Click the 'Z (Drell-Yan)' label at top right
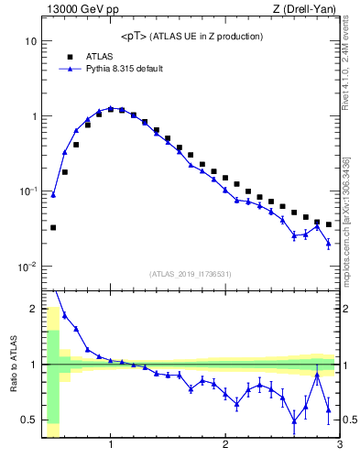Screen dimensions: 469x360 click(309, 9)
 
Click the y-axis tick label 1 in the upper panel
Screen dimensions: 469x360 click(34, 117)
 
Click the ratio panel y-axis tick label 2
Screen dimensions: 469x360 click(34, 309)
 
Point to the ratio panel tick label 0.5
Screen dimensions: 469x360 click(29, 420)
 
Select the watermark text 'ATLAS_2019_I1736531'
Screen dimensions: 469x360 click(191, 274)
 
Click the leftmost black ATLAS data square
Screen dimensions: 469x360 click(53, 227)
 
